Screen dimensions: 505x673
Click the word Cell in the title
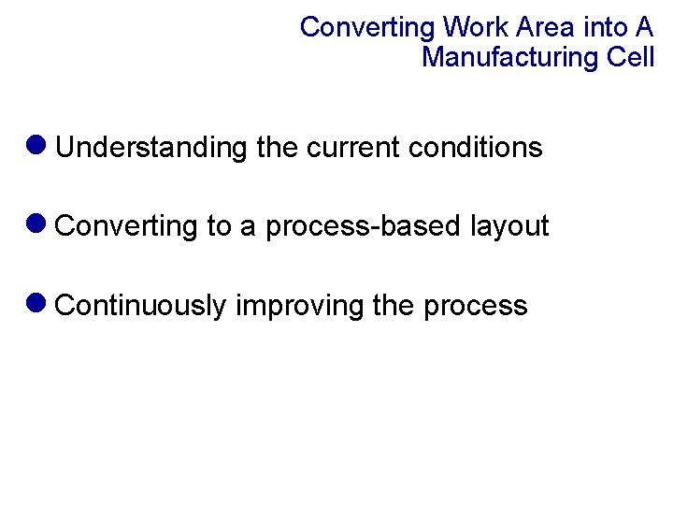point(630,57)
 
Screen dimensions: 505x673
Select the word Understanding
point(151,148)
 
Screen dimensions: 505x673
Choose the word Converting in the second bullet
point(127,226)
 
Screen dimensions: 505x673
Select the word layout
point(509,226)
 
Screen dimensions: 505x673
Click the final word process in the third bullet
point(476,307)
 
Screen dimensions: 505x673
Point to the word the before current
point(277,148)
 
